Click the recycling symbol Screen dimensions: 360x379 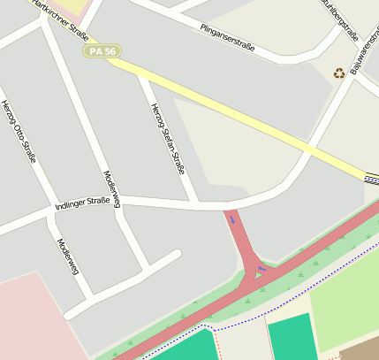point(339,73)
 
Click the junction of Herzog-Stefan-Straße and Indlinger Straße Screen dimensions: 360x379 point(196,204)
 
